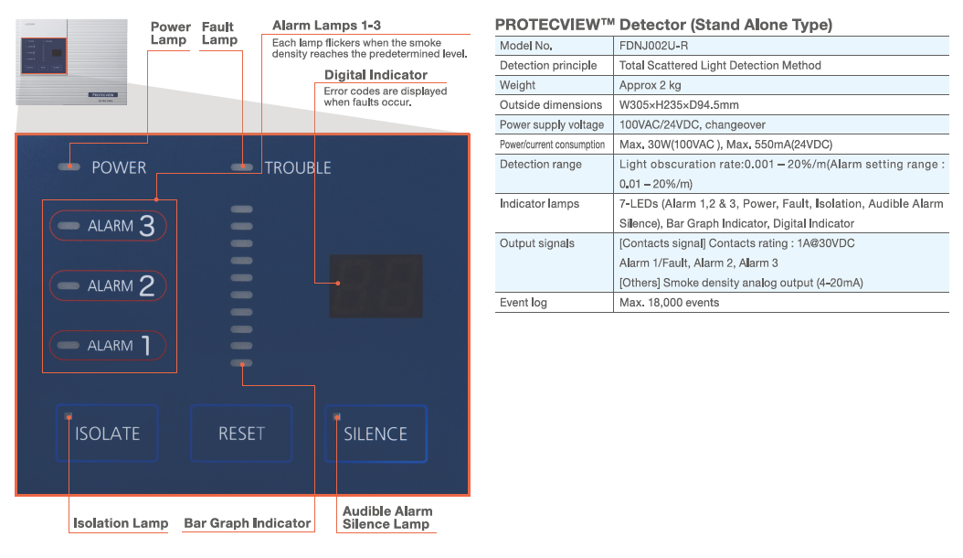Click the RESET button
[241, 434]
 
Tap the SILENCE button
[376, 434]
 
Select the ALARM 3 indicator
[109, 226]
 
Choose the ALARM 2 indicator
[109, 286]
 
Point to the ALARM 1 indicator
[109, 346]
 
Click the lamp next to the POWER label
[68, 167]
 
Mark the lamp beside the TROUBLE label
[241, 167]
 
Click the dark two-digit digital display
[376, 284]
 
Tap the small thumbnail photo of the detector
[68, 64]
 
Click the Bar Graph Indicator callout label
[248, 523]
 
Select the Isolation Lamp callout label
[121, 523]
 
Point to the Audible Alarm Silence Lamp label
[387, 518]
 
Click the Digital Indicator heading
[376, 75]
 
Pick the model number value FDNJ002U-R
[654, 46]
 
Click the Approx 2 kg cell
[650, 85]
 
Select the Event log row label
[524, 303]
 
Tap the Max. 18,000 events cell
[669, 303]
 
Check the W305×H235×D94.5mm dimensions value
[680, 105]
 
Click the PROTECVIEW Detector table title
[663, 25]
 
